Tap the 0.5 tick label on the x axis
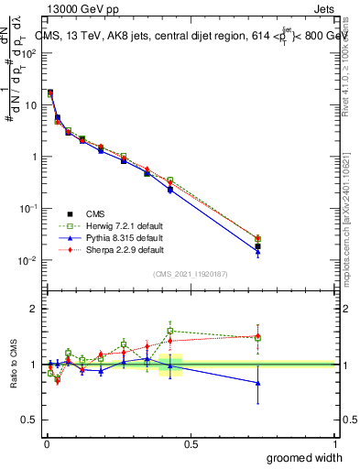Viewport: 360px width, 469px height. click(x=191, y=443)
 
